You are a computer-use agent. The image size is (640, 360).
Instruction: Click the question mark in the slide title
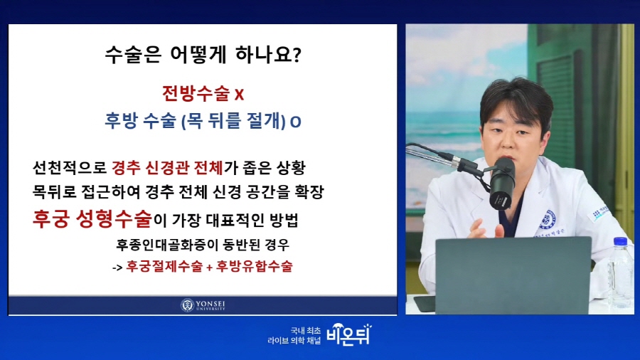(x=297, y=55)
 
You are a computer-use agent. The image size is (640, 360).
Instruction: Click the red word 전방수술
(x=196, y=93)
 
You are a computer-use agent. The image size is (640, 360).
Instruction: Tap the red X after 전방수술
(x=239, y=95)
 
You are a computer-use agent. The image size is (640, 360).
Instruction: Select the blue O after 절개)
(x=296, y=122)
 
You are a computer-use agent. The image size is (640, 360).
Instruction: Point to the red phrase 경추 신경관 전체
(x=167, y=167)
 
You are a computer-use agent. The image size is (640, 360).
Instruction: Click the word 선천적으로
(x=70, y=167)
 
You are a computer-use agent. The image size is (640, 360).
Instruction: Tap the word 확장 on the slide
(x=309, y=191)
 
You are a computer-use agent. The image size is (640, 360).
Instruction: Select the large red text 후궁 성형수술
(x=92, y=219)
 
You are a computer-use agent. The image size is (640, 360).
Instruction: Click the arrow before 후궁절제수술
(x=117, y=268)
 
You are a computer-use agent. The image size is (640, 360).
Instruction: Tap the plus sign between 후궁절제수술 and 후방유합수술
(x=209, y=268)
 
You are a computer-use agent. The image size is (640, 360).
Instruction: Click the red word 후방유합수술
(x=255, y=266)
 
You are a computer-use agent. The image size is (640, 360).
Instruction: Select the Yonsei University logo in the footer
(x=203, y=305)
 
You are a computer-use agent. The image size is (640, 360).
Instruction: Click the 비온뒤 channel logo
(x=349, y=335)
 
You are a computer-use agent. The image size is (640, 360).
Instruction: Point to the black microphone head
(x=501, y=184)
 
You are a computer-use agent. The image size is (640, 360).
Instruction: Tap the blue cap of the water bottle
(x=620, y=242)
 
